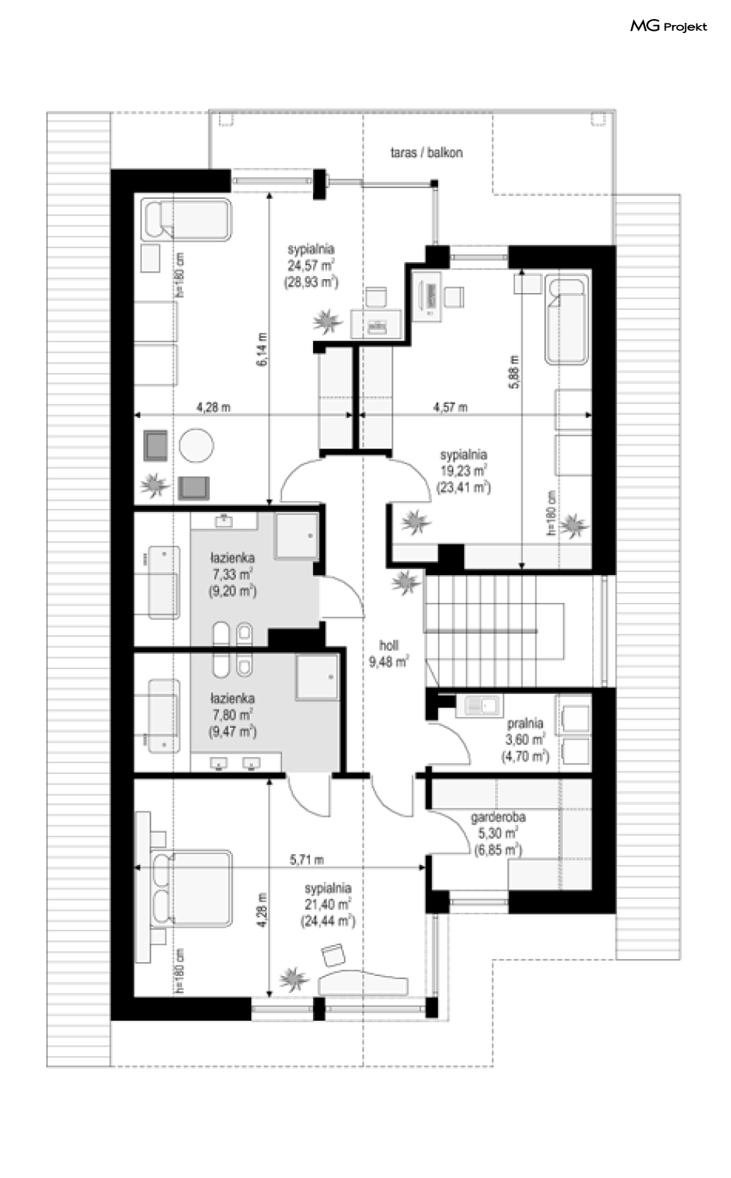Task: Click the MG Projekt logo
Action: point(669,26)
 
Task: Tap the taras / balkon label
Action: point(427,153)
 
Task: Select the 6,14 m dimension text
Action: point(262,349)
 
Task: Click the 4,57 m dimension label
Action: point(450,407)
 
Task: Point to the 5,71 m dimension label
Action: point(306,860)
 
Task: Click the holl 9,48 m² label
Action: point(389,654)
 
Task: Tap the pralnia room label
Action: point(525,723)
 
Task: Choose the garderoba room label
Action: point(497,817)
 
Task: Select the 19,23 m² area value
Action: point(464,471)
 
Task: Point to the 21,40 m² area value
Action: point(328,905)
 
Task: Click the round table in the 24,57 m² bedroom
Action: point(196,446)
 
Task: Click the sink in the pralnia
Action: point(478,705)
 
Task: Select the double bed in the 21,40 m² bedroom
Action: point(192,889)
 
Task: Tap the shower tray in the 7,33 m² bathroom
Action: point(297,536)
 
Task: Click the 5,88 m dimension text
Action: point(514,372)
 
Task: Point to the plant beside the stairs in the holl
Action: point(406,582)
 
